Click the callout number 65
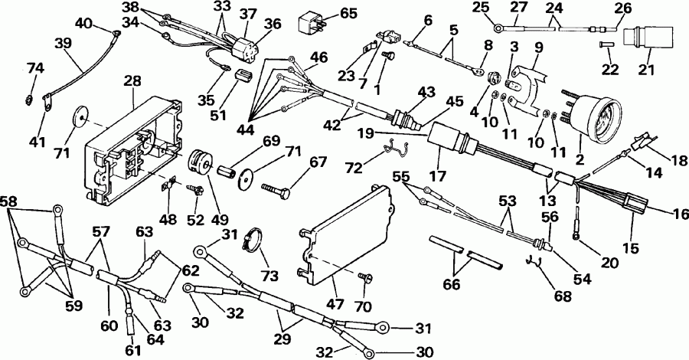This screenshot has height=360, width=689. (349, 13)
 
